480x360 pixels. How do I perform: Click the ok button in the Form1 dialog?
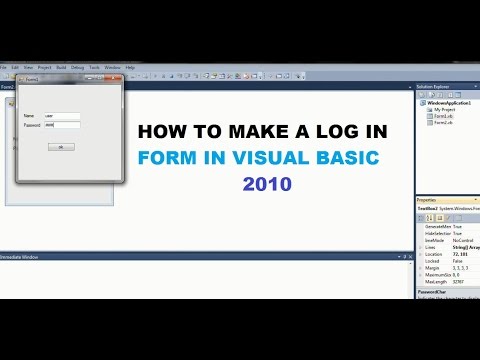coord(61,147)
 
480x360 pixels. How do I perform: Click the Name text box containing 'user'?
coord(62,116)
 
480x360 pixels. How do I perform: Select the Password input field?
coord(62,125)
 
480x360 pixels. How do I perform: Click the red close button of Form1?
coord(116,76)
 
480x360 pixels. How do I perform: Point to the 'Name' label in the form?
coord(28,116)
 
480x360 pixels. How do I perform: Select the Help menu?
coord(130,67)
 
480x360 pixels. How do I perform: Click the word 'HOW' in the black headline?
coord(156,131)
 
